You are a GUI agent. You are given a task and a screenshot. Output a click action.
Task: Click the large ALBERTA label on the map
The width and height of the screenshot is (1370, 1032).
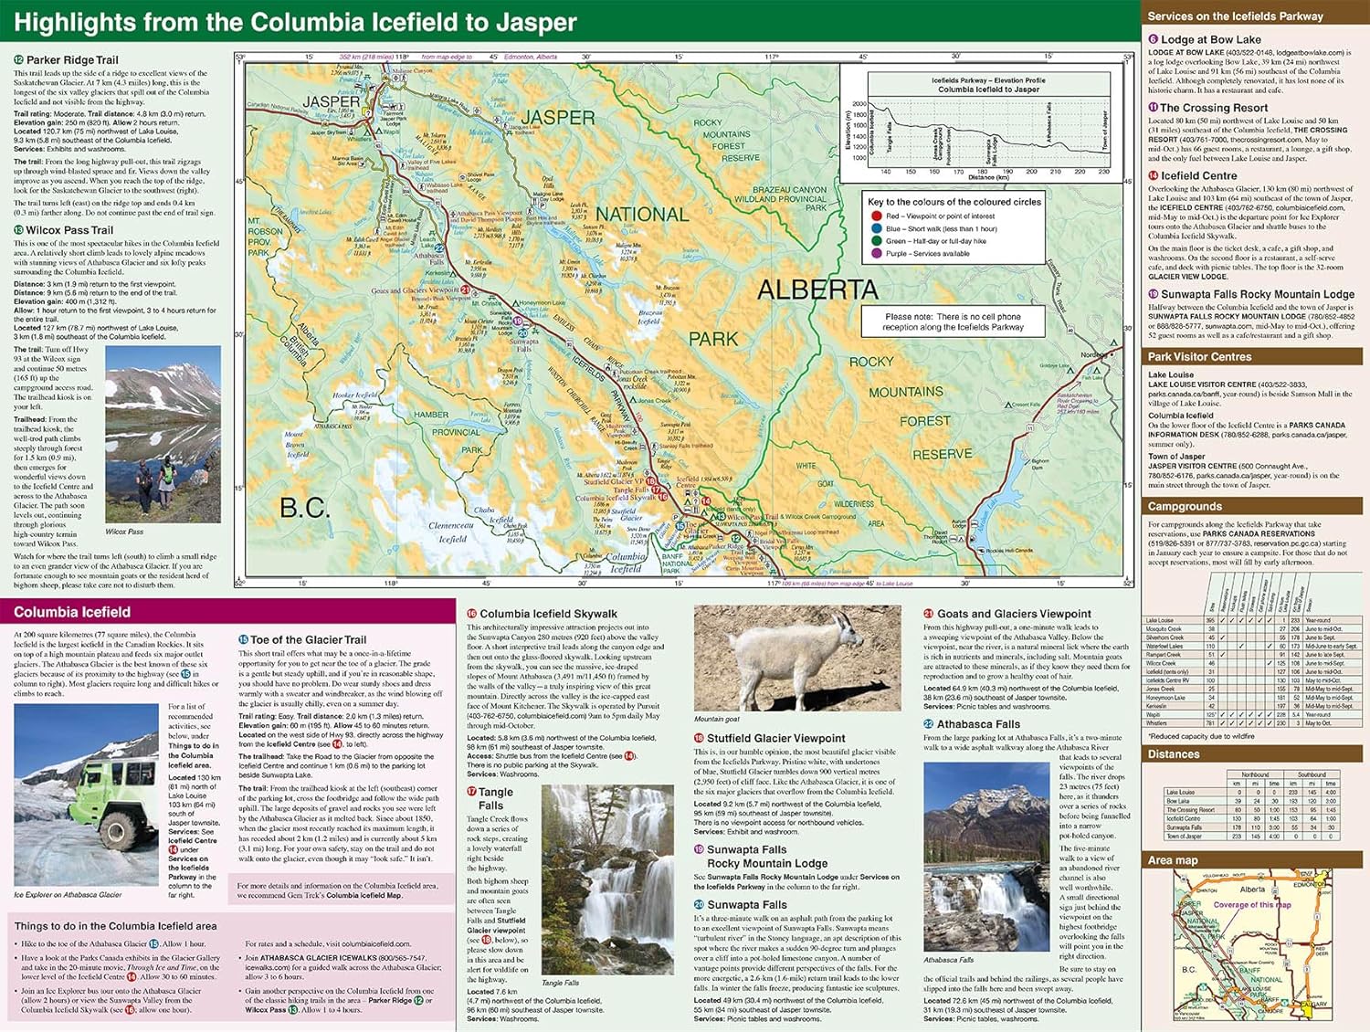(x=817, y=290)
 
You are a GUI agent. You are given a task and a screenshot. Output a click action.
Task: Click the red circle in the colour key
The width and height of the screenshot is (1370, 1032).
(x=877, y=216)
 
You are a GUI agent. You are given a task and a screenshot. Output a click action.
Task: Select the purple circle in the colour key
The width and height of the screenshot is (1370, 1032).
(x=877, y=253)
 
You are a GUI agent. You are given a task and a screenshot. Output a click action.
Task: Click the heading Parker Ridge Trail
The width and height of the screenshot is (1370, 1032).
(x=72, y=60)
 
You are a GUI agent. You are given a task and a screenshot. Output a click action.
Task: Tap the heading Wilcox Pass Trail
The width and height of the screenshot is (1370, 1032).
(x=69, y=230)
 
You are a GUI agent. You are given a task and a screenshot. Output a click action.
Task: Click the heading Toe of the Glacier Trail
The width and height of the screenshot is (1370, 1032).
(x=308, y=640)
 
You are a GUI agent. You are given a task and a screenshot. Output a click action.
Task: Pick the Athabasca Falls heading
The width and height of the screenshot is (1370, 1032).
(x=978, y=724)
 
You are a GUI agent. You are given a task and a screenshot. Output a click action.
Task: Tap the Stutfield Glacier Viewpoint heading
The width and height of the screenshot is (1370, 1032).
(x=775, y=738)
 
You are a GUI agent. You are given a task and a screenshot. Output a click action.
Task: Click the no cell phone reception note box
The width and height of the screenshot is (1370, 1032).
(x=953, y=321)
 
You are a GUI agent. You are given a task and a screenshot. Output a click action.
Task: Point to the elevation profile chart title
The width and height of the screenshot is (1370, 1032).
(x=988, y=85)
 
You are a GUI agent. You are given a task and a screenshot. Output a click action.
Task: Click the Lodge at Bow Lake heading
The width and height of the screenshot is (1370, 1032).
(x=1209, y=40)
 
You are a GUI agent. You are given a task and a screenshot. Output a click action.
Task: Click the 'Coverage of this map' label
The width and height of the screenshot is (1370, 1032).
(x=1252, y=905)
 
